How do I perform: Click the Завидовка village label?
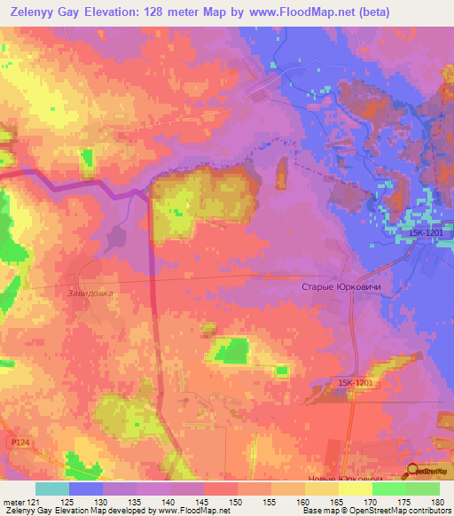coord(91,293)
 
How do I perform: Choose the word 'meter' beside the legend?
coord(12,501)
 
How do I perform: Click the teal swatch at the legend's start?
coord(51,489)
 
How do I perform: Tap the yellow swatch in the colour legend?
coord(355,489)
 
